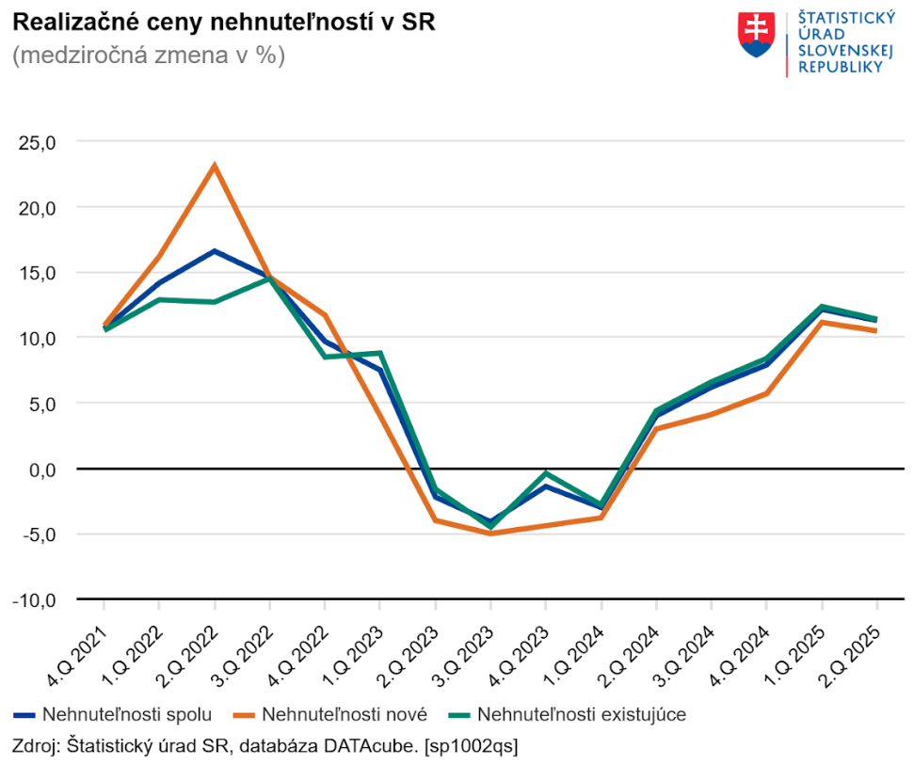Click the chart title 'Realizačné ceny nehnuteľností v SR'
point(223,23)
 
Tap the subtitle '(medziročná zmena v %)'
point(149,56)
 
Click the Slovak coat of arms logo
point(757,36)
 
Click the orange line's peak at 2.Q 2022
point(215,166)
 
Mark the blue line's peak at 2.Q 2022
point(215,251)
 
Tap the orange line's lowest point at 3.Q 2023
point(490,534)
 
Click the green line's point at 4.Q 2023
point(546,473)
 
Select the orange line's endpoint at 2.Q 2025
point(876,331)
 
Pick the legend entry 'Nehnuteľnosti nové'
point(345,714)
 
